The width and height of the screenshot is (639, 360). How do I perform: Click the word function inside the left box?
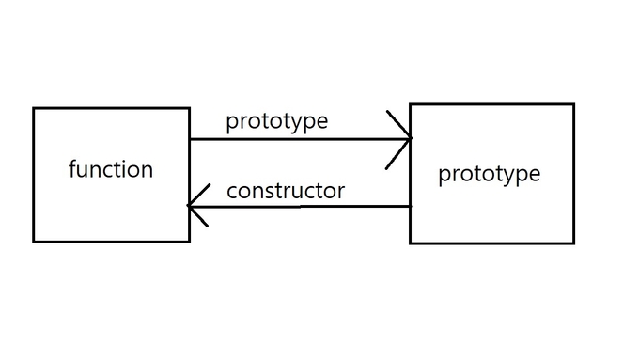tap(111, 170)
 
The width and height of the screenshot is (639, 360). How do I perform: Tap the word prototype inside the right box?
tap(490, 174)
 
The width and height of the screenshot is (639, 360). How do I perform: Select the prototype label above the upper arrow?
tap(276, 121)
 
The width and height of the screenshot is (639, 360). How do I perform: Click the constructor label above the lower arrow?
tap(286, 191)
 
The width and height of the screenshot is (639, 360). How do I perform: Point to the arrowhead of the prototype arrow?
tap(410, 139)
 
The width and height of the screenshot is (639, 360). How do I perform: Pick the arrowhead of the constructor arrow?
tap(191, 206)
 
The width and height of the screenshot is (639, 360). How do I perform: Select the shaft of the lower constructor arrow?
tap(301, 206)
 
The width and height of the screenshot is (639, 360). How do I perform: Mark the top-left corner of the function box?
tap(34, 108)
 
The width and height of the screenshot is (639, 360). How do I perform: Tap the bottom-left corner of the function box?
tap(34, 242)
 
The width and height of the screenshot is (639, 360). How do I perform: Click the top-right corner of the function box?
tap(189, 108)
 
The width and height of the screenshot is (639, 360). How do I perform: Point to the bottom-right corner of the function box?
tap(189, 242)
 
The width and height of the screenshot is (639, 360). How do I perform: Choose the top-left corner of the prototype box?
tap(411, 104)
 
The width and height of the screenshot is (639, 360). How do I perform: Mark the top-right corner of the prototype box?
tap(573, 104)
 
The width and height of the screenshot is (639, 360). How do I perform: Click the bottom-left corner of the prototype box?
tap(411, 243)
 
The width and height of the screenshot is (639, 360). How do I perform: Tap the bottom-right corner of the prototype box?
tap(573, 243)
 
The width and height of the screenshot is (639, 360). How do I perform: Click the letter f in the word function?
tap(73, 169)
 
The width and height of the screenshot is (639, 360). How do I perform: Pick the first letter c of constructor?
tap(232, 192)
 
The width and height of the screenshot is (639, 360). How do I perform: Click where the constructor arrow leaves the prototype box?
tap(411, 206)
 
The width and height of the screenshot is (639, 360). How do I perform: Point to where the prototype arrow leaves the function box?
tap(190, 139)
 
